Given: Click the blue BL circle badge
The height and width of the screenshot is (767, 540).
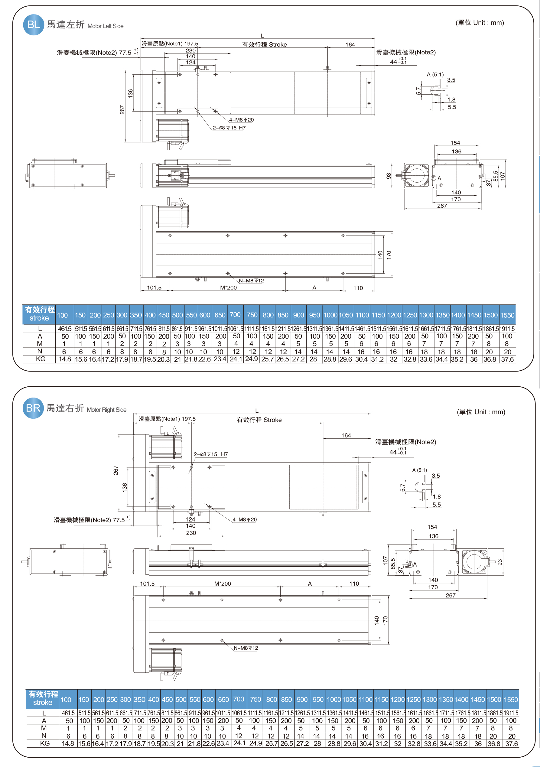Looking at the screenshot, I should [34, 25].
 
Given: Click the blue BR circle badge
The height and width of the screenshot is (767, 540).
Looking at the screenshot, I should [33, 408].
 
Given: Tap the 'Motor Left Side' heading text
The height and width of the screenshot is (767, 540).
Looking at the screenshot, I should [105, 26].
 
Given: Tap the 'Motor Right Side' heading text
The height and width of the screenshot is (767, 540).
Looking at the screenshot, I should [107, 410].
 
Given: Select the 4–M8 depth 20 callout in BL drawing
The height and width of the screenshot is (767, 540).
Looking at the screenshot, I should [241, 120].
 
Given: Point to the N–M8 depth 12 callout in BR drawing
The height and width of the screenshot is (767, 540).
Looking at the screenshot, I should [246, 648].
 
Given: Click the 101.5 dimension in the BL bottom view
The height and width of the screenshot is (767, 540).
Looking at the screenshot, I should [154, 288].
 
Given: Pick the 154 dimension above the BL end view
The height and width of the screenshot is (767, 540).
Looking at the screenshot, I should [455, 143].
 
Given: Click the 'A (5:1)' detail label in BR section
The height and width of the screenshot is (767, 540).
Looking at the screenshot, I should [419, 470].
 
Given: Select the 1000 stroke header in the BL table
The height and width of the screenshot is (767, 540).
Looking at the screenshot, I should [330, 315].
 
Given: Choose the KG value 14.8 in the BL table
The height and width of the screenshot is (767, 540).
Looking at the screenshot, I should [65, 359].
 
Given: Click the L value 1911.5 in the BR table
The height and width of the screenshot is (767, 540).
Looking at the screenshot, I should [511, 713].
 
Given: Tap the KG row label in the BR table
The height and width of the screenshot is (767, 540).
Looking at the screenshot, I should [45, 743].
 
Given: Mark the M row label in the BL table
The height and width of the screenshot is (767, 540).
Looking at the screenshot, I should [40, 344].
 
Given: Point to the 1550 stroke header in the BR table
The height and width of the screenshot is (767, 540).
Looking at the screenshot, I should [511, 700].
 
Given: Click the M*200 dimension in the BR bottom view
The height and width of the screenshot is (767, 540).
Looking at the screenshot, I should [223, 583].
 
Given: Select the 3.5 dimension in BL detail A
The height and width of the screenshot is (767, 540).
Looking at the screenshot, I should [451, 80].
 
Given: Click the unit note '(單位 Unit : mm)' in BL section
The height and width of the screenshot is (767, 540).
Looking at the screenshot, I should [480, 23].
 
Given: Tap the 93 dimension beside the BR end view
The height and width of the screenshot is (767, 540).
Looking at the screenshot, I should [500, 562].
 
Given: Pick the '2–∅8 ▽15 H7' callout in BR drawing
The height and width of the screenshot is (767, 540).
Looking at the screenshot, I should [210, 454].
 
